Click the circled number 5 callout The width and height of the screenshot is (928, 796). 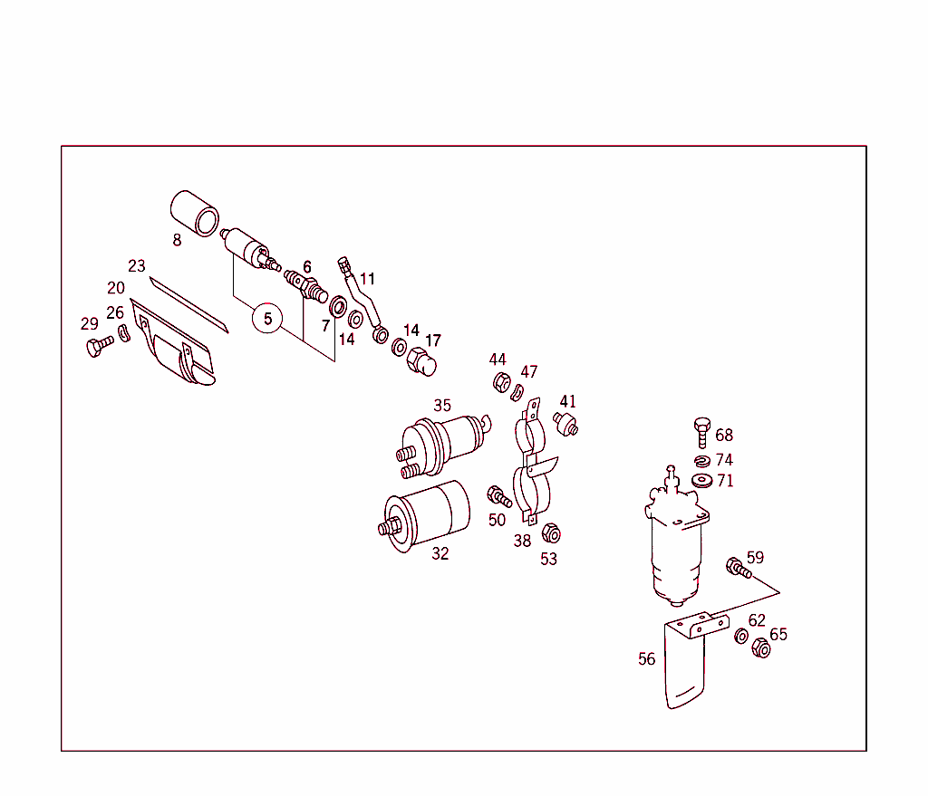click(x=267, y=319)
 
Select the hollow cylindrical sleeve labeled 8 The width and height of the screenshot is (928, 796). click(x=195, y=213)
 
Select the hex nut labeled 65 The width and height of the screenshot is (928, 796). click(x=761, y=648)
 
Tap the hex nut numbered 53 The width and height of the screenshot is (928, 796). click(x=550, y=534)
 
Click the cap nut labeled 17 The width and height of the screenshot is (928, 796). click(x=421, y=361)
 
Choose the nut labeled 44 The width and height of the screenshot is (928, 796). click(x=499, y=383)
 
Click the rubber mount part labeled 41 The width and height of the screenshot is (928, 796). click(x=567, y=422)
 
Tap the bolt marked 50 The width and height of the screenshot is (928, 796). click(x=498, y=496)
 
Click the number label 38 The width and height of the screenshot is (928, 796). click(x=522, y=542)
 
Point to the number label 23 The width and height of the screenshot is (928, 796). click(x=137, y=266)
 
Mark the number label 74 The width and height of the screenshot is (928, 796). click(x=724, y=460)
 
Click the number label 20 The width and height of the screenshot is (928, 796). click(x=116, y=288)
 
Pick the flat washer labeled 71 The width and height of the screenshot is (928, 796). click(x=701, y=479)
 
